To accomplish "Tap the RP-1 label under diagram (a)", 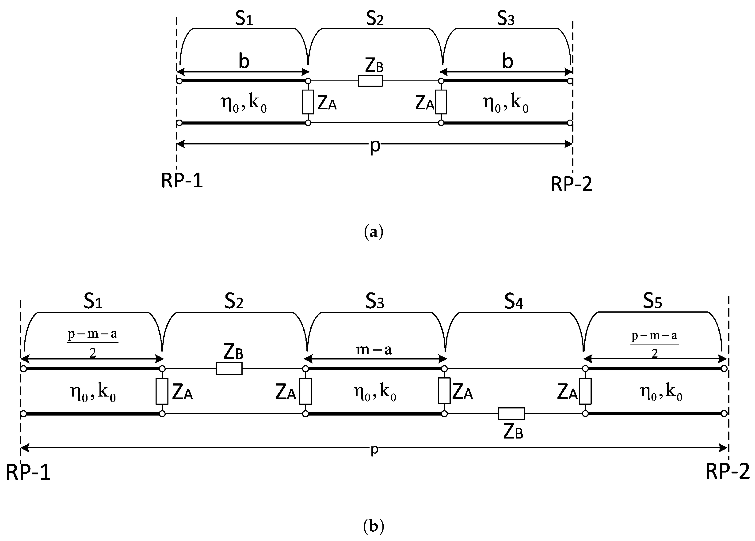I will coord(182,181).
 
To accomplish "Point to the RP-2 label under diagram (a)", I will coord(572,184).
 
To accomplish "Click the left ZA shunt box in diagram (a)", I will coord(308,102).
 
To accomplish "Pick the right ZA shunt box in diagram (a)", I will coord(441,102).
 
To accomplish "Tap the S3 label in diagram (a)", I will coord(506,19).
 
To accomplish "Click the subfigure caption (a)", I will coord(374,232).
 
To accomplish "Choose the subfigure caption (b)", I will coord(374,526).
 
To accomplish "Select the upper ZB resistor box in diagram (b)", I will coord(229,369).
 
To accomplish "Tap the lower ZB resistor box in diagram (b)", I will coord(511,414).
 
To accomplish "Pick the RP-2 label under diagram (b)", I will coord(727,471).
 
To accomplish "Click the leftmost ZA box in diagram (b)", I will coord(162,391).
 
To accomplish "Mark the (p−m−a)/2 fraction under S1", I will coord(92,343).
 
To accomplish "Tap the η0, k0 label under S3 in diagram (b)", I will coord(374,393).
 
